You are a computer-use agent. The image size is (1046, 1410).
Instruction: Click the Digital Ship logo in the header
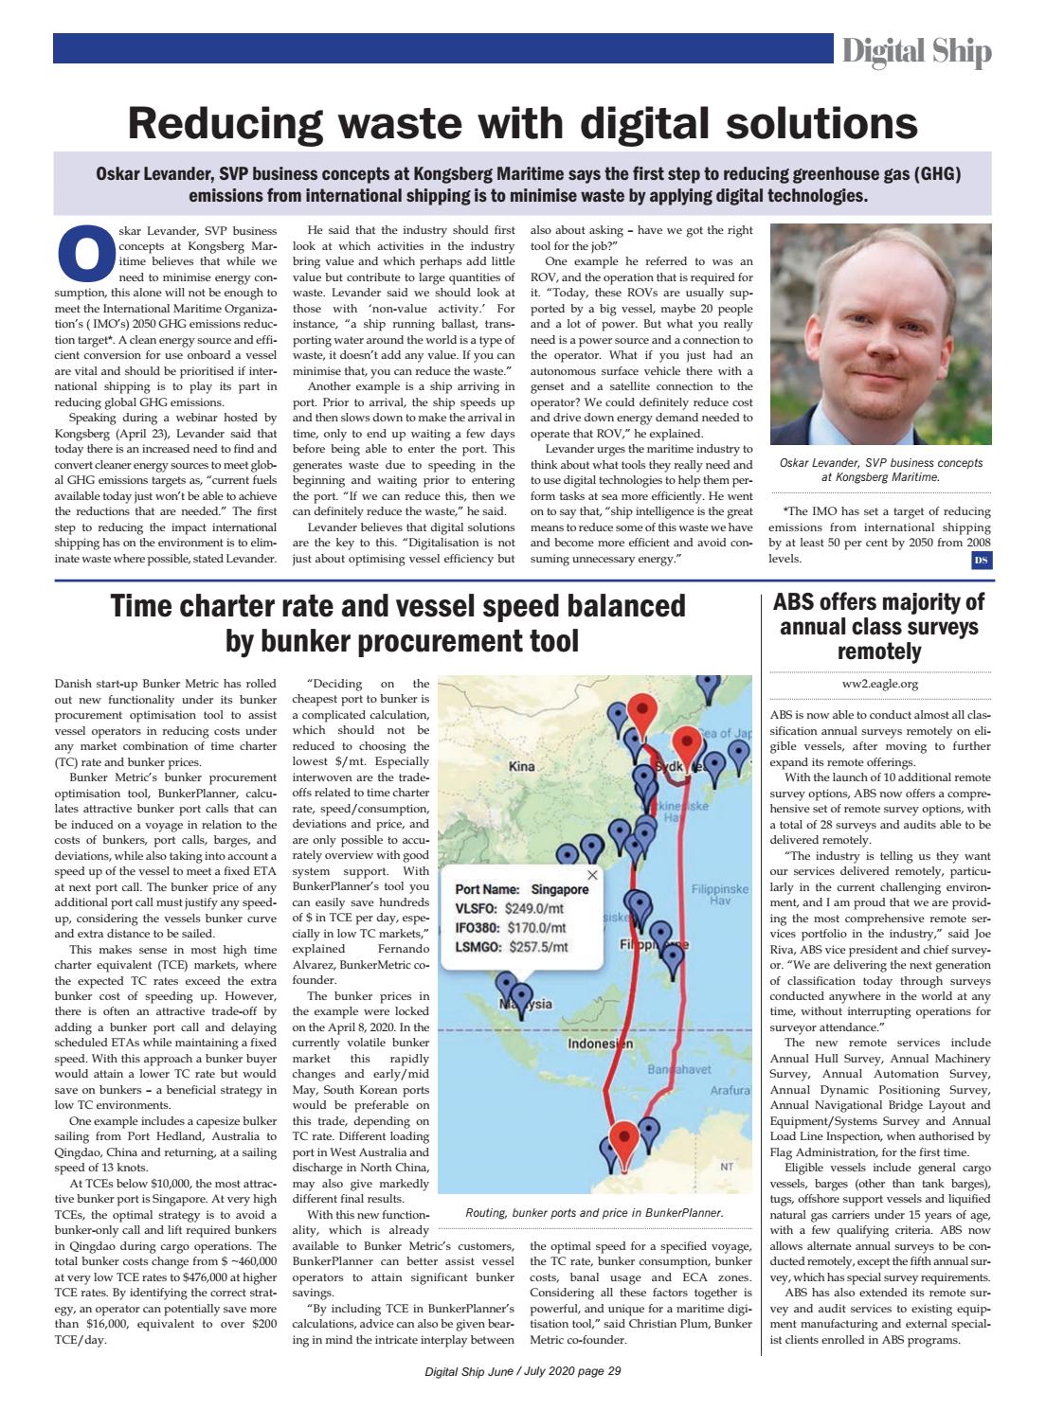pos(916,51)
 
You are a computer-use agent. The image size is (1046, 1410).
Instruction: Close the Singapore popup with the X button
pos(593,875)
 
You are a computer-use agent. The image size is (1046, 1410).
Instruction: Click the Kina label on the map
pos(522,766)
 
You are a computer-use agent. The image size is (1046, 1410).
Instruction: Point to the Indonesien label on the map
pos(600,1044)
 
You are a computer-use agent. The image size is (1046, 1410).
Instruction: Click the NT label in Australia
pos(727,1167)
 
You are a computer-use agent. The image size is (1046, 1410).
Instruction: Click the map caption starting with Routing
pos(594,1212)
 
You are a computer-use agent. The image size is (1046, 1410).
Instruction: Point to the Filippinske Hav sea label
pos(721,895)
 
